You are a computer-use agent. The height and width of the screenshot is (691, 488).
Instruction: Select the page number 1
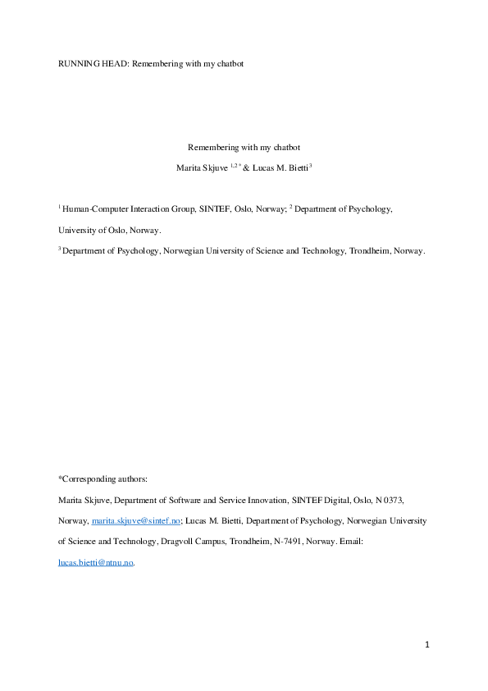click(427, 645)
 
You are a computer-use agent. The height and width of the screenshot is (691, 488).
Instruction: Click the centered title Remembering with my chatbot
click(244, 148)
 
